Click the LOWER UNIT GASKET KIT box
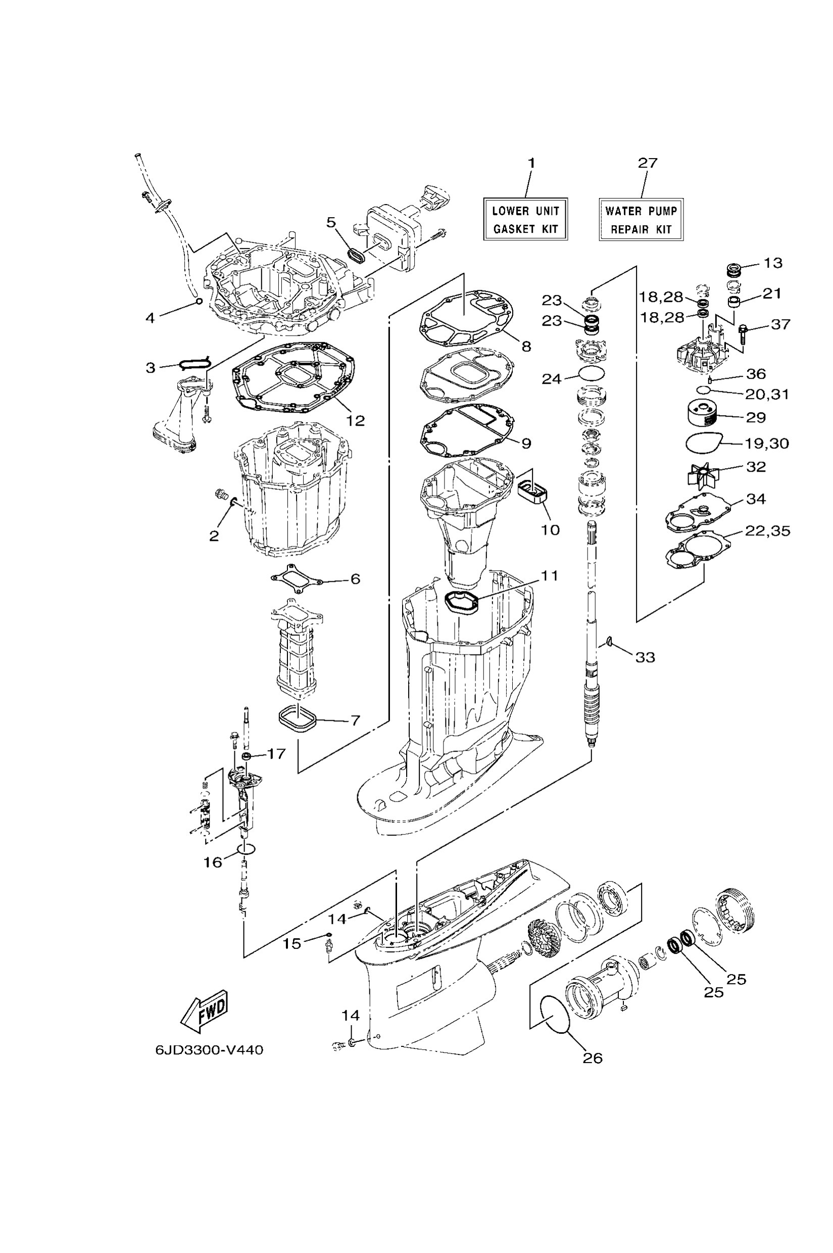[x=525, y=219]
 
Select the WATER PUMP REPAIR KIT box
[x=641, y=219]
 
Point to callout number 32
[x=756, y=466]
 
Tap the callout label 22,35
[x=767, y=531]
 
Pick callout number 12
[x=356, y=421]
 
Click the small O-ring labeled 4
[x=199, y=302]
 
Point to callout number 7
[x=356, y=720]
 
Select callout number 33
[x=646, y=657]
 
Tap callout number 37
[x=780, y=324]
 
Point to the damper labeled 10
[x=533, y=487]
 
